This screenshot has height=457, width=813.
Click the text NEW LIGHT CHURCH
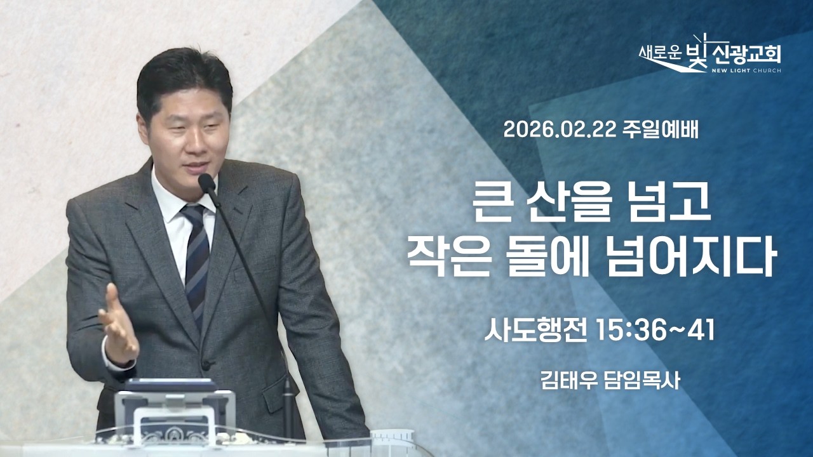click(x=746, y=70)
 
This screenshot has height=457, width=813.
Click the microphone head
click(x=207, y=183)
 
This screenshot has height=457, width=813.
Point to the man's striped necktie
click(x=196, y=254)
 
